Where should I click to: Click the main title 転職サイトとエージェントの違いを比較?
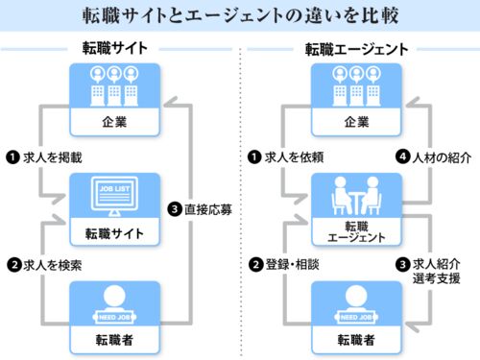(x=240, y=15)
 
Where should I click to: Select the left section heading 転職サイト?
(x=115, y=48)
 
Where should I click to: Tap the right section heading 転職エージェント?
(x=356, y=50)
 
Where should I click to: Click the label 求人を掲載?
(x=53, y=157)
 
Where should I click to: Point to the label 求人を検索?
(x=53, y=265)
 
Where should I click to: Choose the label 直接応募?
(x=208, y=209)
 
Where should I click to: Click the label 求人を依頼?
(x=294, y=157)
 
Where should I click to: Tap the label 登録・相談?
(x=293, y=265)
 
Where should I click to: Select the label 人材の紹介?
(x=442, y=157)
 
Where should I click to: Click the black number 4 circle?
(x=403, y=156)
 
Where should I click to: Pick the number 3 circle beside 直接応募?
(x=175, y=209)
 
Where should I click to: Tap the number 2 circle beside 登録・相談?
(x=256, y=265)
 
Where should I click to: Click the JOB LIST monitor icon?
(x=114, y=196)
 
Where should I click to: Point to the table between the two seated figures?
(x=357, y=203)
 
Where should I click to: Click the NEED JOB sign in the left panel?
(x=114, y=317)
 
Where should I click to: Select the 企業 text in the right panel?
(x=356, y=122)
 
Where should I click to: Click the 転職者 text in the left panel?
(x=114, y=340)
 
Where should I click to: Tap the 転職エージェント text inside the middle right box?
(x=356, y=232)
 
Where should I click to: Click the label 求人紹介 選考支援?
(x=437, y=272)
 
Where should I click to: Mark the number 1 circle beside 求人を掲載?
(x=12, y=157)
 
